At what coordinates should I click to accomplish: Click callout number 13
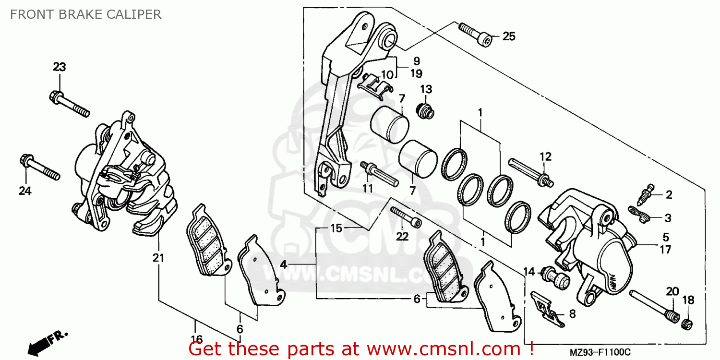pos(426,89)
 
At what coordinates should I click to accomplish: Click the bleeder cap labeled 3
pos(639,214)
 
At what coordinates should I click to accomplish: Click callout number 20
pos(672,291)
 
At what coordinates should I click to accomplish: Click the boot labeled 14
pos(555,279)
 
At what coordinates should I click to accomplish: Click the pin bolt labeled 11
pos(379,173)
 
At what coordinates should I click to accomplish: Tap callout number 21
pos(158,258)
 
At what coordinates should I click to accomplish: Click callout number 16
pos(197,338)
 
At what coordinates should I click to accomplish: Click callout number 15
pos(336,228)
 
